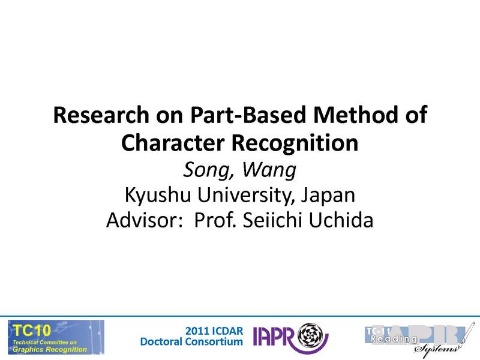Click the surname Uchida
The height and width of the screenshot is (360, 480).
(x=341, y=221)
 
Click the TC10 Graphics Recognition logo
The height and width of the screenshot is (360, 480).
(x=55, y=337)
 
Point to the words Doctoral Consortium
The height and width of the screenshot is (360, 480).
(x=191, y=342)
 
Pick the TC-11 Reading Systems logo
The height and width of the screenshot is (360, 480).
(x=415, y=337)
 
